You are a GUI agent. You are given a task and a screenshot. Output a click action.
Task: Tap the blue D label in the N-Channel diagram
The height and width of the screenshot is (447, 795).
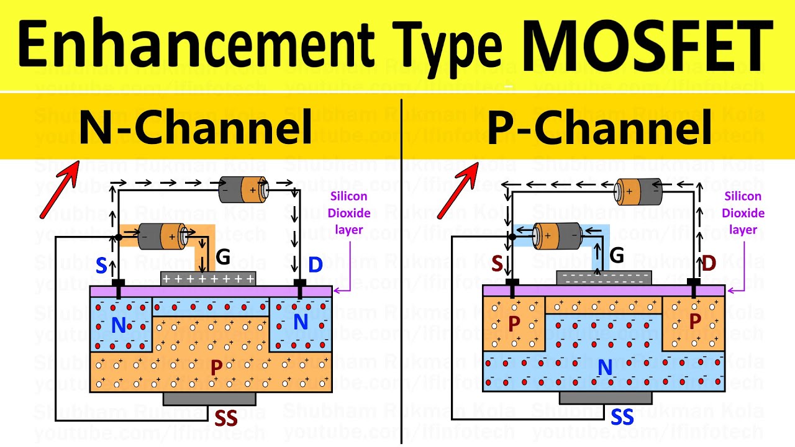pos(316,265)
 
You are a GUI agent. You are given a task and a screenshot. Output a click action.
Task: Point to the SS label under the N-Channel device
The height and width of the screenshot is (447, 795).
pos(226,418)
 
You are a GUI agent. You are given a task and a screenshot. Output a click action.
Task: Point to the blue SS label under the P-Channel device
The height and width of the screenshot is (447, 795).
pos(622,417)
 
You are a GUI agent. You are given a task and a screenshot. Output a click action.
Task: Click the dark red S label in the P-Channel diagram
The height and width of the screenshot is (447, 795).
pos(497,263)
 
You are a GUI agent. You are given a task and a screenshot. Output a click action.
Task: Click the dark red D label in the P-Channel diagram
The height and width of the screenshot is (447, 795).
pos(709,263)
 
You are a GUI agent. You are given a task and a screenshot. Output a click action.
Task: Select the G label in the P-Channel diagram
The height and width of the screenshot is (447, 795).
pos(617,255)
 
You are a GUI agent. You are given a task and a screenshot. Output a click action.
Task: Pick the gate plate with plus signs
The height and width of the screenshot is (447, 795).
pos(208,279)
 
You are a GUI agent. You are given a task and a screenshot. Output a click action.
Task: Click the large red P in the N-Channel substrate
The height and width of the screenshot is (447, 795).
pos(216,368)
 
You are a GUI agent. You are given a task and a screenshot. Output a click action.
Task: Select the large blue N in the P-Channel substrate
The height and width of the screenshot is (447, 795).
pos(604,368)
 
